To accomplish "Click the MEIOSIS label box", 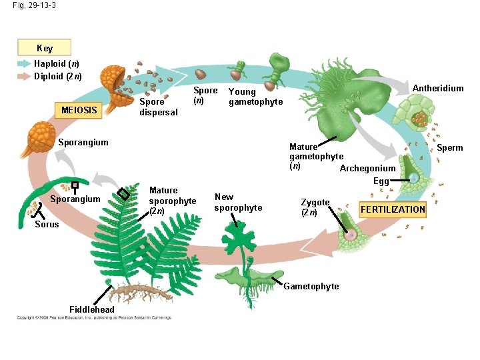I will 79,109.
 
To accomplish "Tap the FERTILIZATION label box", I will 393,209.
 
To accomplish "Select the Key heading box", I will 45,48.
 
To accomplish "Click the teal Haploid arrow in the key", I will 24,64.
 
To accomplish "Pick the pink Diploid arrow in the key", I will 24,76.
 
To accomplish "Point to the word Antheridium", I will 438,89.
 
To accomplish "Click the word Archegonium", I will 367,168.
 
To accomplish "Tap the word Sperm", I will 450,147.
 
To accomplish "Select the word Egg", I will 381,181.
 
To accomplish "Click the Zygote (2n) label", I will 315,207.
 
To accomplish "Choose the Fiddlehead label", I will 91,309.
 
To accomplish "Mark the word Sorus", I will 47,224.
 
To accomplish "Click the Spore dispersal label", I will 159,107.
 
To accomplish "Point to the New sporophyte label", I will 238,202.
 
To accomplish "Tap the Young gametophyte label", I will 255,97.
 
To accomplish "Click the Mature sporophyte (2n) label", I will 173,201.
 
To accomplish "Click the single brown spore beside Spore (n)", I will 200,74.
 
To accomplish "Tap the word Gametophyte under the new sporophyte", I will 311,286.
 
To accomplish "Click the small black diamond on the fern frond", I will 123,194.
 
